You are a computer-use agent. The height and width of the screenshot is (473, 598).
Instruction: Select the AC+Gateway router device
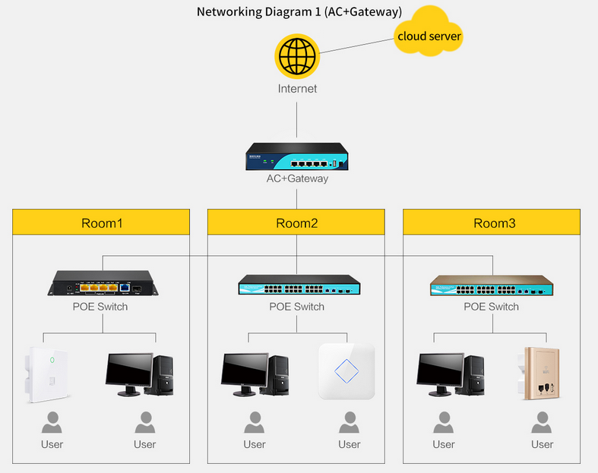pos(297,158)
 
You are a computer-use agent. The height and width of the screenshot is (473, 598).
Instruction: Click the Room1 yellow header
pos(101,222)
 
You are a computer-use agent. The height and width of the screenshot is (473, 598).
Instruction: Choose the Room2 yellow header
pos(297,222)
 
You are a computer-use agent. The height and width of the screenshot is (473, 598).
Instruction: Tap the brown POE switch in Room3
pos(492,286)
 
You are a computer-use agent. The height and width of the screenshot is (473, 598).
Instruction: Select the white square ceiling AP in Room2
pos(347,371)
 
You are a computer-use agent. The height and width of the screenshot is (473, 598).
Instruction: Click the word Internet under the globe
pos(297,89)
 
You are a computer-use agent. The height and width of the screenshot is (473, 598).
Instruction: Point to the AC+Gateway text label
pos(297,178)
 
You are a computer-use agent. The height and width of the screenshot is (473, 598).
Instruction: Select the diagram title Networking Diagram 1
pos(299,12)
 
